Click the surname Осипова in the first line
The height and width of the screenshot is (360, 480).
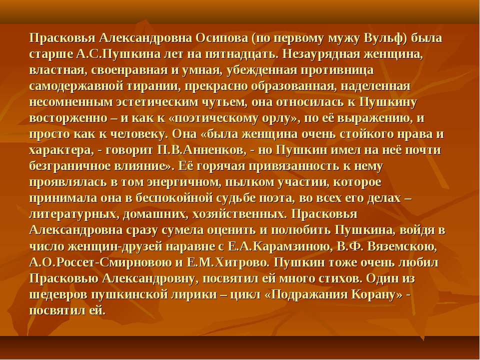(x=221, y=38)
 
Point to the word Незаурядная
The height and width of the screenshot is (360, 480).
(x=321, y=54)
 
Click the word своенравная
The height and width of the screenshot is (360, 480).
(x=129, y=70)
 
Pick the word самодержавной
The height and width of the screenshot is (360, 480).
(x=73, y=86)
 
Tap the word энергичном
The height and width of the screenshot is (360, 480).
(x=183, y=182)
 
